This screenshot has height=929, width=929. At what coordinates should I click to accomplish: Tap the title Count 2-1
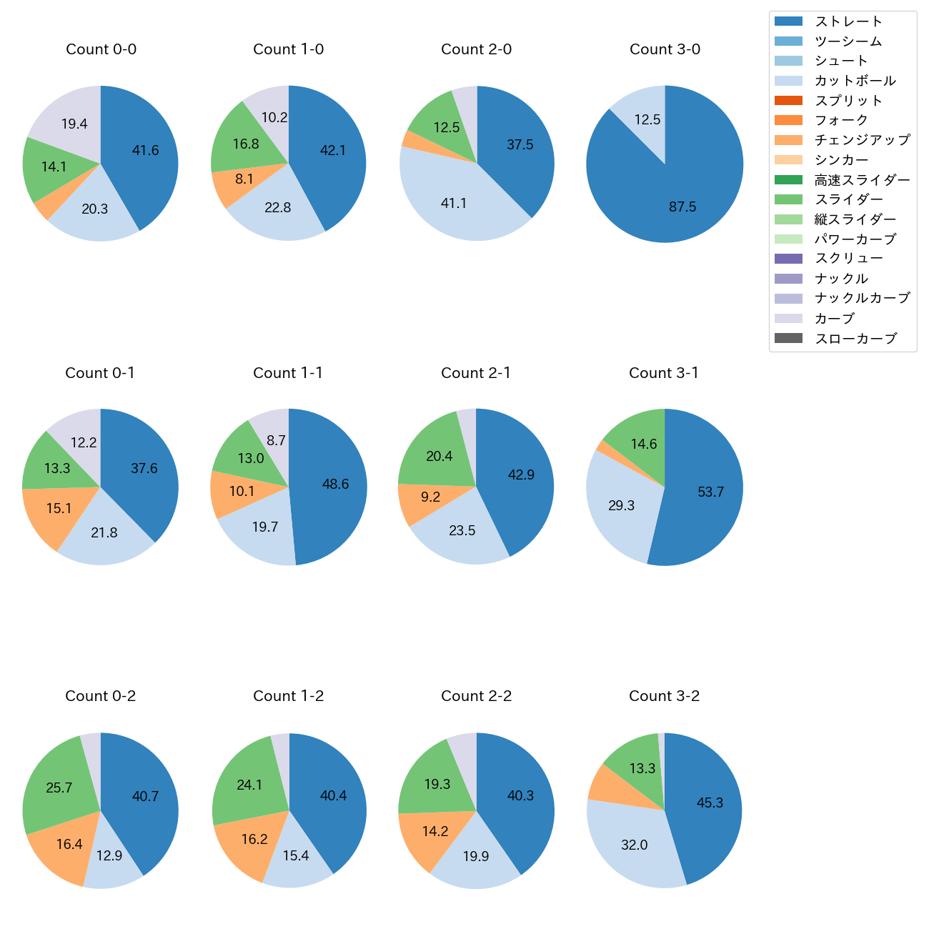[x=476, y=373]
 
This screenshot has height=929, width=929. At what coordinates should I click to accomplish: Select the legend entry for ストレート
[x=848, y=21]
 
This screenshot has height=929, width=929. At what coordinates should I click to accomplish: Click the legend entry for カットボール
[x=855, y=81]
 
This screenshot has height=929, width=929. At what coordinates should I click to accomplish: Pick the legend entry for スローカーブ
[x=855, y=339]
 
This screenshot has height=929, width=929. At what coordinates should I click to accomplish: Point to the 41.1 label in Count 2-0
[x=454, y=204]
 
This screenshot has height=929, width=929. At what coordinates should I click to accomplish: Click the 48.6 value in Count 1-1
[x=335, y=485]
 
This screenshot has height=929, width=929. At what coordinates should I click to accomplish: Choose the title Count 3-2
[x=664, y=696]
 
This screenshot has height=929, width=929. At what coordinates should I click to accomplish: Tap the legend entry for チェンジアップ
[x=862, y=140]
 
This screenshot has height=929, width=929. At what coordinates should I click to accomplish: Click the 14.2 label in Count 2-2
[x=434, y=831]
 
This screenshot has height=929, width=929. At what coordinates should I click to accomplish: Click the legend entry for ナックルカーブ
[x=862, y=299]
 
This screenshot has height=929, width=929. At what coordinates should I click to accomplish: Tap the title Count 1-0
[x=288, y=49]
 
